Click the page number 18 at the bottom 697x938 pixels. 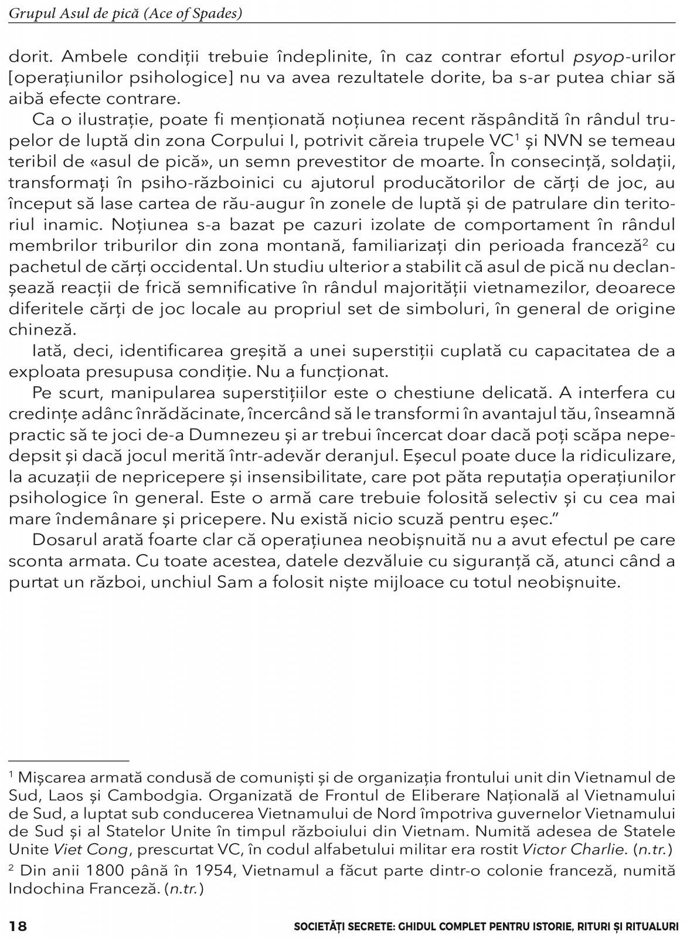click(x=18, y=926)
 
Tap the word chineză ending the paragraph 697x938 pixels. click(x=35, y=329)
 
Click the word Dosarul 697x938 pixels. click(x=64, y=539)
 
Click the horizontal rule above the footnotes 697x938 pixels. click(x=68, y=759)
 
